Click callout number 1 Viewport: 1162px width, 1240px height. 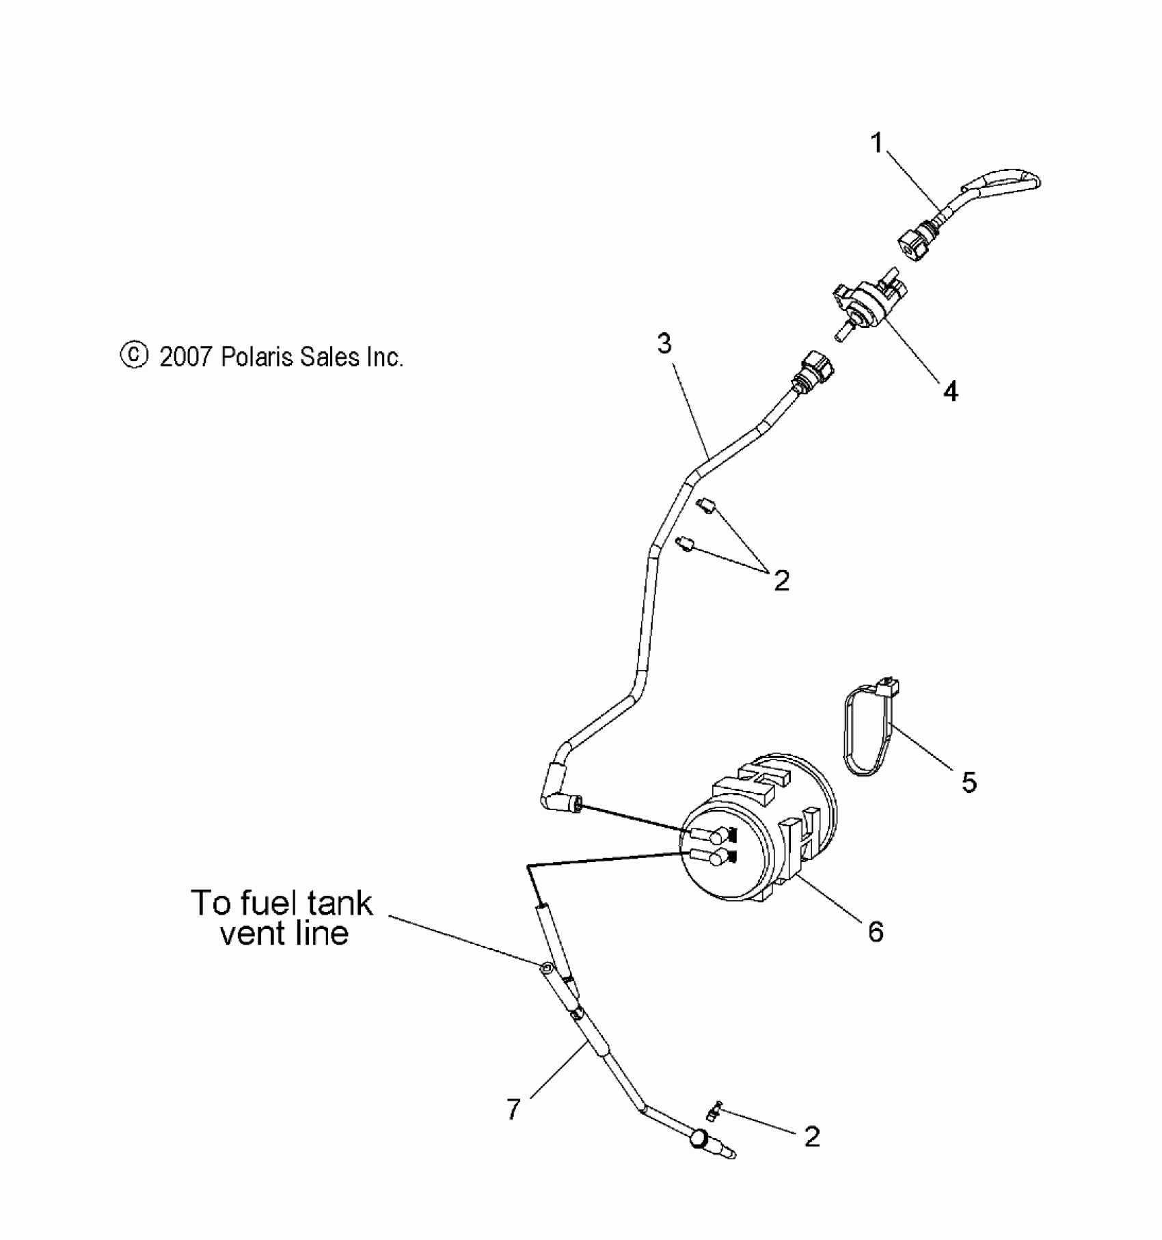[877, 144]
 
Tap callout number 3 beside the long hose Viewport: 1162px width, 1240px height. [664, 344]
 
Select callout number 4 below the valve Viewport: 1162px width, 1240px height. [950, 391]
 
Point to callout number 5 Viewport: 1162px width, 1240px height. [969, 782]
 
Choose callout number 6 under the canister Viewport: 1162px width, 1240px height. [876, 931]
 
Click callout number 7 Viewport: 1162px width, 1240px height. [513, 1108]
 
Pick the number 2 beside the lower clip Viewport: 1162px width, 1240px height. [811, 1137]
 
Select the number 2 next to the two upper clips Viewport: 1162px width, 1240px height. [781, 580]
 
